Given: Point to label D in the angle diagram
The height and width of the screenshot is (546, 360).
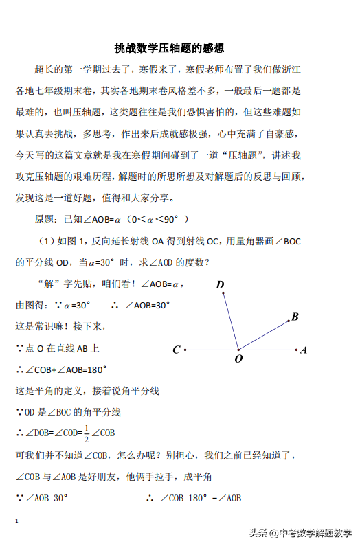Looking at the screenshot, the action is [x=220, y=284].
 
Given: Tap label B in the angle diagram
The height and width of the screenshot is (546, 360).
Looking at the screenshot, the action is [x=295, y=317].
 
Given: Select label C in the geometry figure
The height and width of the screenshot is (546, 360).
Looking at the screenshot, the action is [x=177, y=350].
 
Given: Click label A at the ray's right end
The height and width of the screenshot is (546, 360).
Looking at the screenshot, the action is [x=304, y=350].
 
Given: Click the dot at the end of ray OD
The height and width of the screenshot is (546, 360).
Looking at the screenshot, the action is [x=223, y=293].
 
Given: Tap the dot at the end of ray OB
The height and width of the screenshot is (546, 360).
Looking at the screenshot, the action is [x=289, y=320].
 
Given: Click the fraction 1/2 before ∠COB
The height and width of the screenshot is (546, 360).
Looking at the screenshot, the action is [x=86, y=433].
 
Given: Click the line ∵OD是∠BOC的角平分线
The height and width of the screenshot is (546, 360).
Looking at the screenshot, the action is [x=68, y=412].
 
